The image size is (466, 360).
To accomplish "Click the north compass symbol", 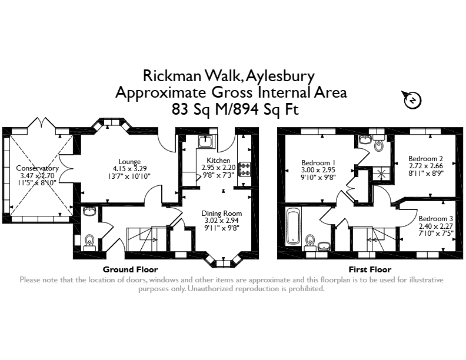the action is point(412,99).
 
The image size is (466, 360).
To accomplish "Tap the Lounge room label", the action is point(129,162).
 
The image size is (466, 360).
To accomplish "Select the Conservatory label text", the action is point(38,168).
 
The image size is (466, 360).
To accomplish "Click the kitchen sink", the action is point(205,141).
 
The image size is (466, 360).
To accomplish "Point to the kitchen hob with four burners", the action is point(245,169).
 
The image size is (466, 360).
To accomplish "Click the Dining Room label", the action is point(222,214).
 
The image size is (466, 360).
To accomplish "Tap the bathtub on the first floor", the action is point(293,226).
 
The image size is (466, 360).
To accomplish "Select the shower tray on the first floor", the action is point(381,174).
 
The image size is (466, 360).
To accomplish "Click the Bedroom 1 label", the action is point(318,163).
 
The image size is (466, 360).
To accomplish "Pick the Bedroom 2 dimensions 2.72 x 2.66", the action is point(426,166).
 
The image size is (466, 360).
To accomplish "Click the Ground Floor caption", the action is point(130,269).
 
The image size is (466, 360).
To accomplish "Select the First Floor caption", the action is point(370,269).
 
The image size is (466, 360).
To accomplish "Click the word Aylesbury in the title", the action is point(280,76).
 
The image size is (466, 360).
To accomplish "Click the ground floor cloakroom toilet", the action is point(89,242).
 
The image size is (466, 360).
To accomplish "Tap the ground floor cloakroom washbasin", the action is point(89,212).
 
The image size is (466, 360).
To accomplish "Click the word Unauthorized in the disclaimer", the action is point(209,288).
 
